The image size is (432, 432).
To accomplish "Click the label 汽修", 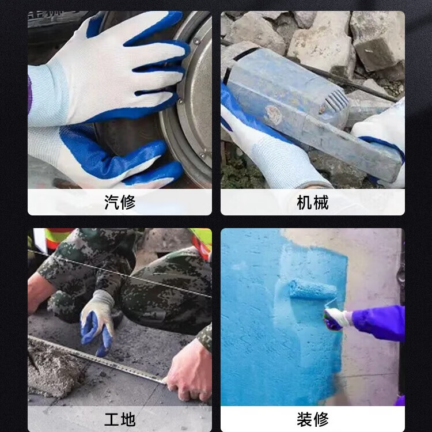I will pos(120,202).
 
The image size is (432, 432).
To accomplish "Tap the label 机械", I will pos(313,202).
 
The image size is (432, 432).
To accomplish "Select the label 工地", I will pos(120,419).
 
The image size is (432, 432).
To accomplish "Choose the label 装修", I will pos(313,419).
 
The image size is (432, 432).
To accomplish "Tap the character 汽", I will pos(112,202).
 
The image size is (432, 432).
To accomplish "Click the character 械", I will pos(321,202).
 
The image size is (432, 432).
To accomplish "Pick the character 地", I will pos(128,419).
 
